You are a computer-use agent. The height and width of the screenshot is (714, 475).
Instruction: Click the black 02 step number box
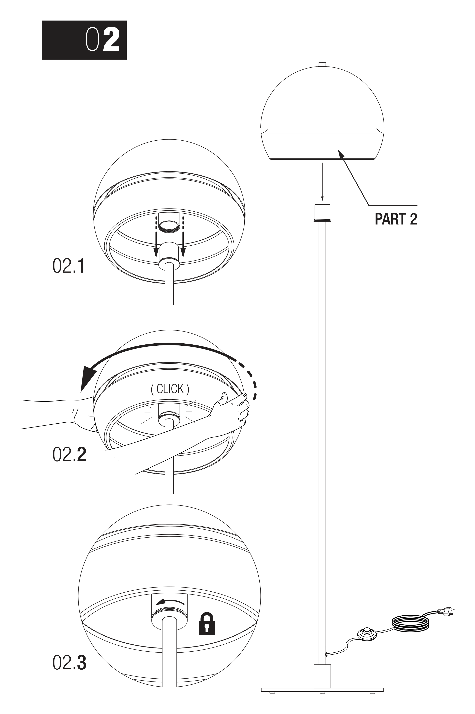[84, 40]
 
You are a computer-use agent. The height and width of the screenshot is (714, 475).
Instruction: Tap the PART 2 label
[396, 219]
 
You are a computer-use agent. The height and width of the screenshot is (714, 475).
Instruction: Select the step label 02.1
[69, 266]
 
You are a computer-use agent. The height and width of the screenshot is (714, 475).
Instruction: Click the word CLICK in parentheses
[170, 389]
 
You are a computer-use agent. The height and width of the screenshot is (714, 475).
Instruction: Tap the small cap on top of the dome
[322, 64]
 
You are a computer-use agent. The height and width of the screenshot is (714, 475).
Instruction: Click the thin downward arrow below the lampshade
[322, 182]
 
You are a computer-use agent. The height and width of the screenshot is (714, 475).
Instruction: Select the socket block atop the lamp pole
[322, 213]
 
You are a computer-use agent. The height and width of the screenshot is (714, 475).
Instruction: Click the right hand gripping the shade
[232, 408]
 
